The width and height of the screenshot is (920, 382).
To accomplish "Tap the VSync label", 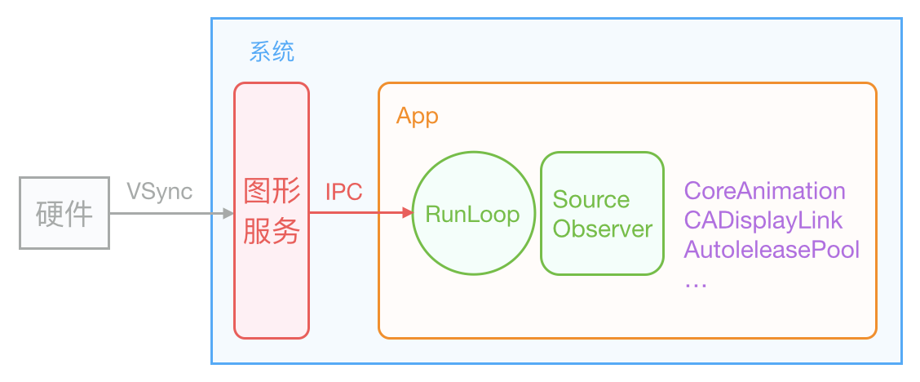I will pos(160,191).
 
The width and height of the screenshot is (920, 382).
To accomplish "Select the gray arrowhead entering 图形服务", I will pos(228,214).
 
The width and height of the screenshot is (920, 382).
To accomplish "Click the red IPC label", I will pos(344,192).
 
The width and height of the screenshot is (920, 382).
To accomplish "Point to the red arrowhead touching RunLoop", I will pos(405,214).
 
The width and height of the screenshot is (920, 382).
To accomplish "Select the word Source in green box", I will pos(590,200).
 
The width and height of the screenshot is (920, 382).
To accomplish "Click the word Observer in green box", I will pos(602,229).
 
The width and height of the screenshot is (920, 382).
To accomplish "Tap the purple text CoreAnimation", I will pos(764,191).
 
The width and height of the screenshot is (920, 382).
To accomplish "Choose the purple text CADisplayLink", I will pos(763,220).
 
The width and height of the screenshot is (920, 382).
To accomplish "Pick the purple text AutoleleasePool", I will pos(772,249).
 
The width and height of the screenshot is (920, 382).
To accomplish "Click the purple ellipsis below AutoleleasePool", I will pos(695,282).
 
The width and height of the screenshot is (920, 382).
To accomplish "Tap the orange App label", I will pos(417,116).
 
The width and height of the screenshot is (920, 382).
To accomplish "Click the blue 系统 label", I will pos(272,53).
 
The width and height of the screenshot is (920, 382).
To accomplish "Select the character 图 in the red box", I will pos(258,191).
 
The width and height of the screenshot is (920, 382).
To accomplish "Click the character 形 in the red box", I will pos(286,191).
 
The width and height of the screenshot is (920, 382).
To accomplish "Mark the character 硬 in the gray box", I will pos(51,215).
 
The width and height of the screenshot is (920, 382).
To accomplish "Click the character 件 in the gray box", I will pos(79,215).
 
